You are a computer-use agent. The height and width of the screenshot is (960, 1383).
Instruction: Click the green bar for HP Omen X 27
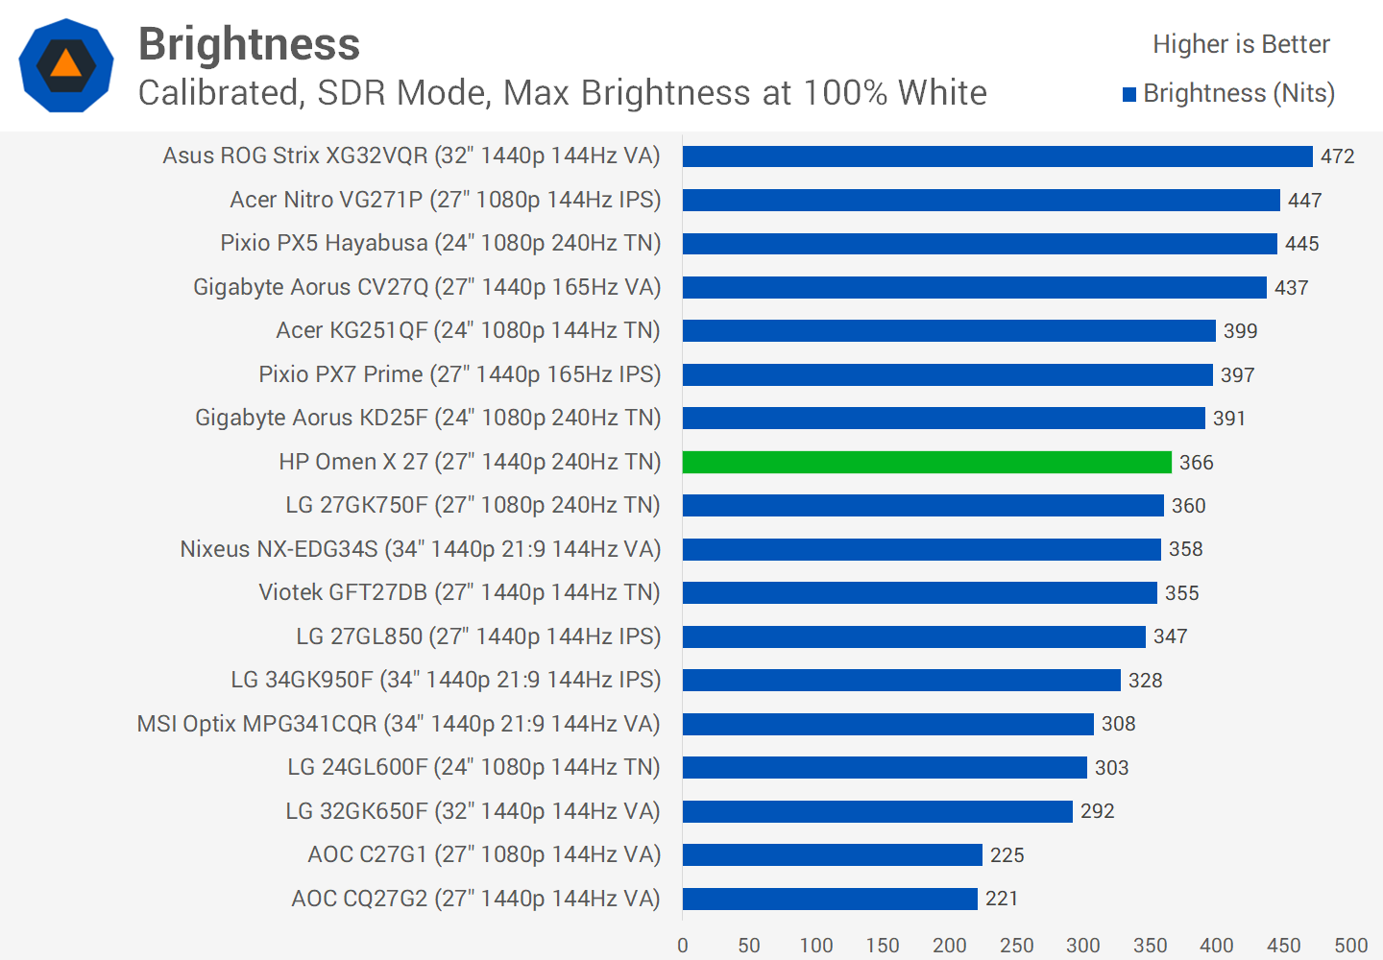pos(927,462)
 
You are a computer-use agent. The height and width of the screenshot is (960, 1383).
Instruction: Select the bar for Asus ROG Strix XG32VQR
pos(997,156)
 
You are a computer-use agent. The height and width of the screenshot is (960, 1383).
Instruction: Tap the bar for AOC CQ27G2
pos(830,899)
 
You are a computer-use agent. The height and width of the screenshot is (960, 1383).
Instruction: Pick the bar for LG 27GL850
pos(913,636)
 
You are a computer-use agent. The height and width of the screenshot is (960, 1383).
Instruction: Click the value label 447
pos(1304,201)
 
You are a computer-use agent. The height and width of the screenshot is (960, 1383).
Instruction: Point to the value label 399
pos(1240,331)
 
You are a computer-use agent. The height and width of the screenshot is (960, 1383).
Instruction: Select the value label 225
pos(1007,855)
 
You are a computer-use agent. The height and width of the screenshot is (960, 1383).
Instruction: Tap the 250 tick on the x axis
pos(1016,946)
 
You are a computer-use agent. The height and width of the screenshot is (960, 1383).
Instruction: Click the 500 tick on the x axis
pos(1350,946)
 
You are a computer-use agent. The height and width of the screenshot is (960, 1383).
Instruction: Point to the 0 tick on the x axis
pos(683,946)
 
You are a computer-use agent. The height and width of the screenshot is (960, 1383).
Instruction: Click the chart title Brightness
pos(249,44)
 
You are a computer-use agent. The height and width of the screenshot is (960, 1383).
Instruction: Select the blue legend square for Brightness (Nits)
pos(1129,94)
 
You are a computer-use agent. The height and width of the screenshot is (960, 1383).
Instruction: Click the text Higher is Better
pos(1241,44)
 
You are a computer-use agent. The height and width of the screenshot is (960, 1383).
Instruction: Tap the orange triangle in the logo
pos(65,64)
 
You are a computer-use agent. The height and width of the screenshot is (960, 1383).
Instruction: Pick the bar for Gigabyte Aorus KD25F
pos(943,419)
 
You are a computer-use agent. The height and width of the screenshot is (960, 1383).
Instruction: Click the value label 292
pos(1097,811)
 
